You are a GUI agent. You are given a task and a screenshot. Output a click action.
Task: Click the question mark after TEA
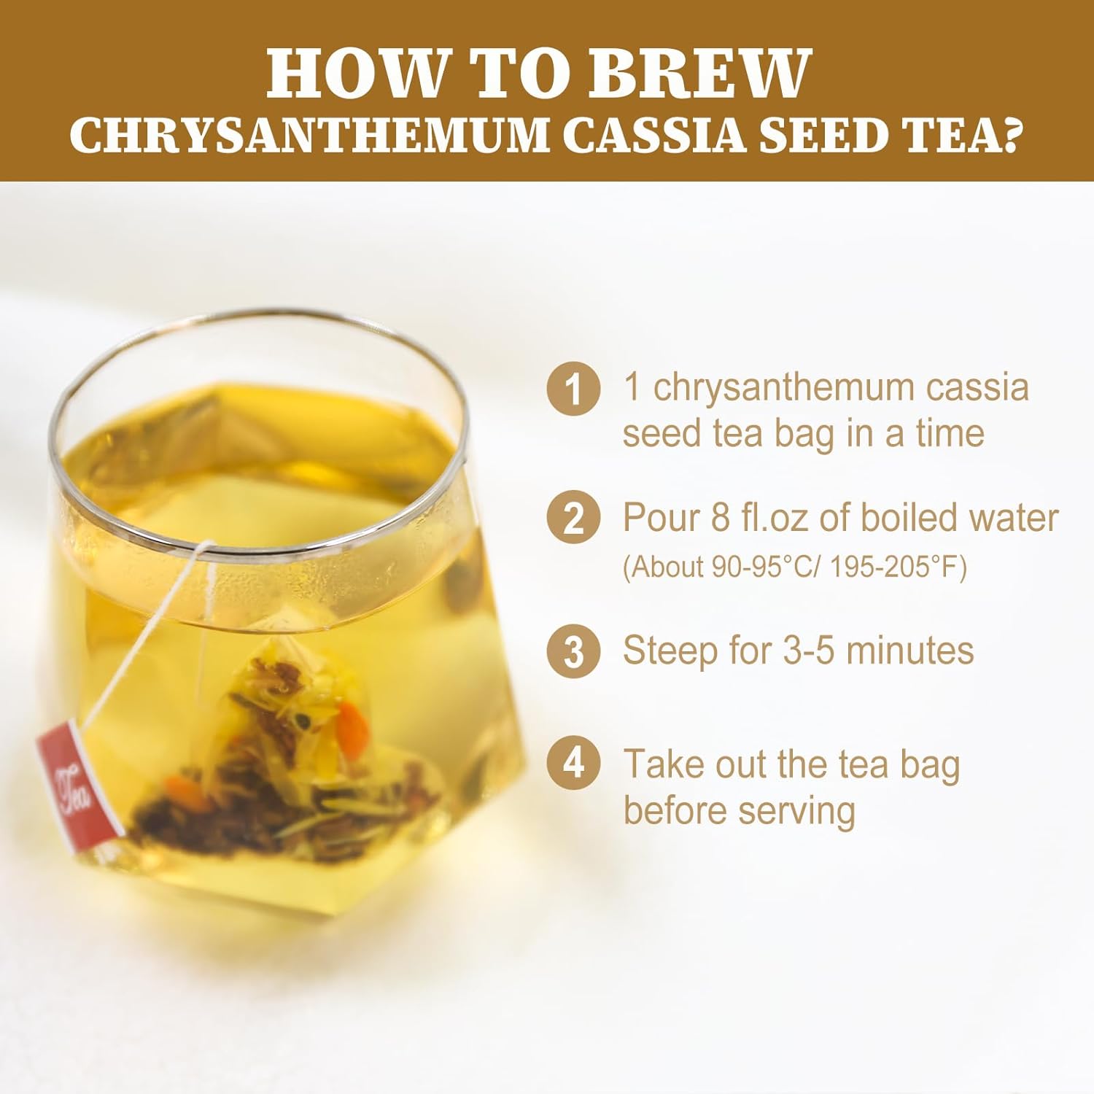click(x=1006, y=136)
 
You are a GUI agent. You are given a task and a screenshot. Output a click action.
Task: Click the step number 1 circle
click(x=574, y=389)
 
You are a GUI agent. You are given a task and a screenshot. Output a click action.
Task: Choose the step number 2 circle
click(x=574, y=518)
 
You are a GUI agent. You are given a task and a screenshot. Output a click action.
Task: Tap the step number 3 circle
click(x=574, y=651)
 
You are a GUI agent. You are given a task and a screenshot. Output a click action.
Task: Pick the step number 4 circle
click(x=574, y=764)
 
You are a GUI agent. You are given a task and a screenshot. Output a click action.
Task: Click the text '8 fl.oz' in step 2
click(x=759, y=518)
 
